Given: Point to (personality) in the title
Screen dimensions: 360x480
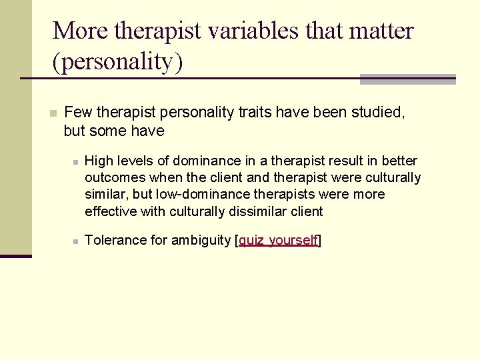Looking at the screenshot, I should pyautogui.click(x=117, y=61).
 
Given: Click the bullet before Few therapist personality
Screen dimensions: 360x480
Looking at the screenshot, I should pyautogui.click(x=54, y=113).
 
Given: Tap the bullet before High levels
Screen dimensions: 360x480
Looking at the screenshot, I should pyautogui.click(x=77, y=161).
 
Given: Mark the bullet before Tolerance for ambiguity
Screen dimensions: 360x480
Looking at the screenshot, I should pyautogui.click(x=77, y=241).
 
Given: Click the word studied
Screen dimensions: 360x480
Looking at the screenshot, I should pyautogui.click(x=379, y=112).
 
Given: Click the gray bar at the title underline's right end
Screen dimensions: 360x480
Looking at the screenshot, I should pyautogui.click(x=407, y=79).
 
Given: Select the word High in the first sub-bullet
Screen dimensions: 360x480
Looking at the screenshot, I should pyautogui.click(x=100, y=161).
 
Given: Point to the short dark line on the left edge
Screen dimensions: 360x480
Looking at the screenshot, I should pyautogui.click(x=15, y=255).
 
